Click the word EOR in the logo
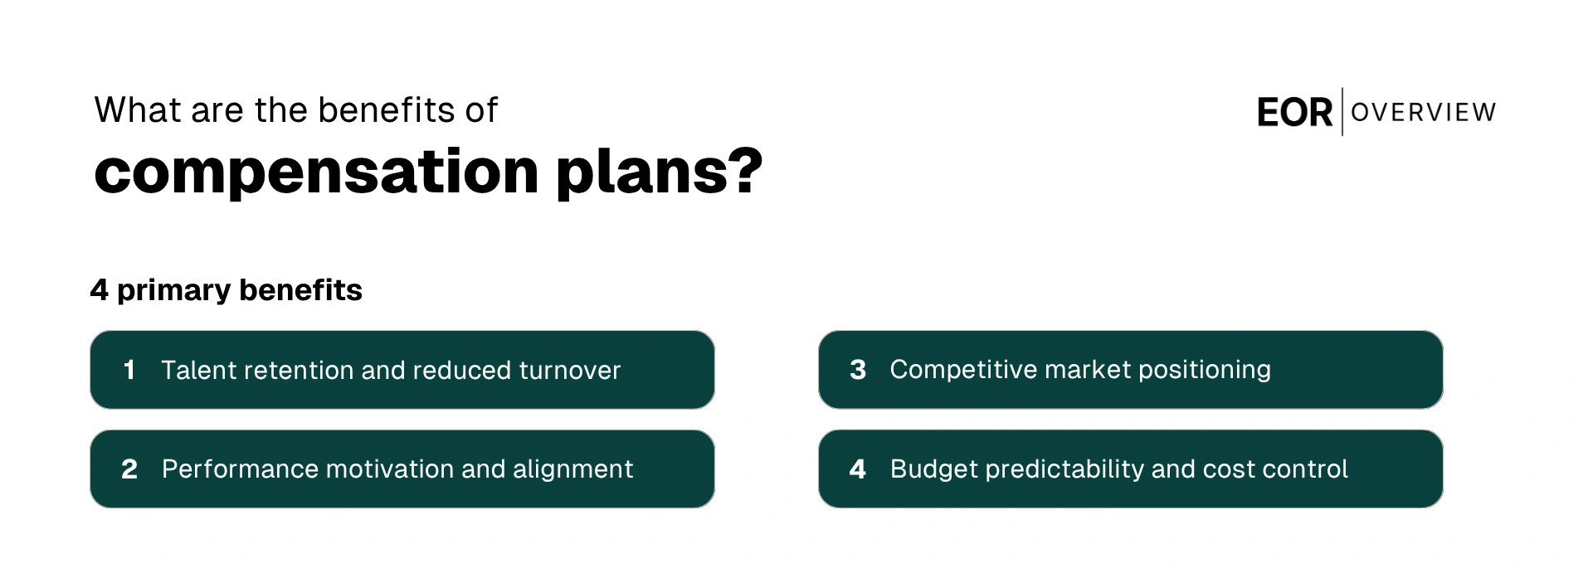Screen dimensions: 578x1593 (1293, 113)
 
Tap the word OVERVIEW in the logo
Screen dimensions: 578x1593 (1423, 112)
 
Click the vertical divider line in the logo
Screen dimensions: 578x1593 (1342, 111)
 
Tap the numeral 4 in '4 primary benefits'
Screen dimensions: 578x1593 (99, 290)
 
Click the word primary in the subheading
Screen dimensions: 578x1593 (173, 291)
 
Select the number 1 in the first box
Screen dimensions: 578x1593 (129, 370)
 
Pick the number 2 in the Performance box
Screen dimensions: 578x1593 (129, 469)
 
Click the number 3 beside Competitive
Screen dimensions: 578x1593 (858, 370)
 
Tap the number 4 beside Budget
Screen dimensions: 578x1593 (858, 469)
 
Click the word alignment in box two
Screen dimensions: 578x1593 (572, 469)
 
